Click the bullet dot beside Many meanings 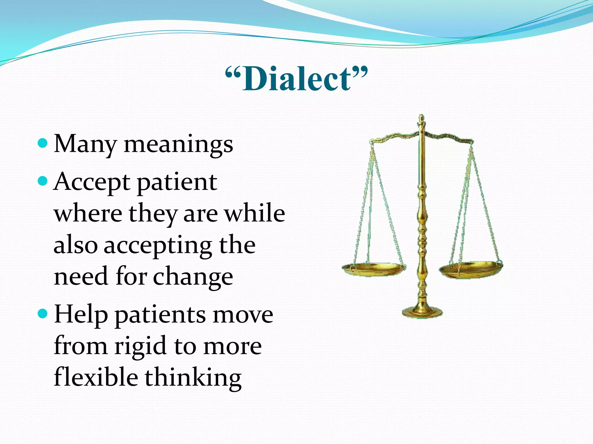coord(43,143)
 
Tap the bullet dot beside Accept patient coord(43,181)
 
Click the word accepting coord(158,246)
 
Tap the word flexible coord(96,377)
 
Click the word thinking coord(193,378)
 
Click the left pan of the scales coord(373,269)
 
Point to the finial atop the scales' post coord(422,119)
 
